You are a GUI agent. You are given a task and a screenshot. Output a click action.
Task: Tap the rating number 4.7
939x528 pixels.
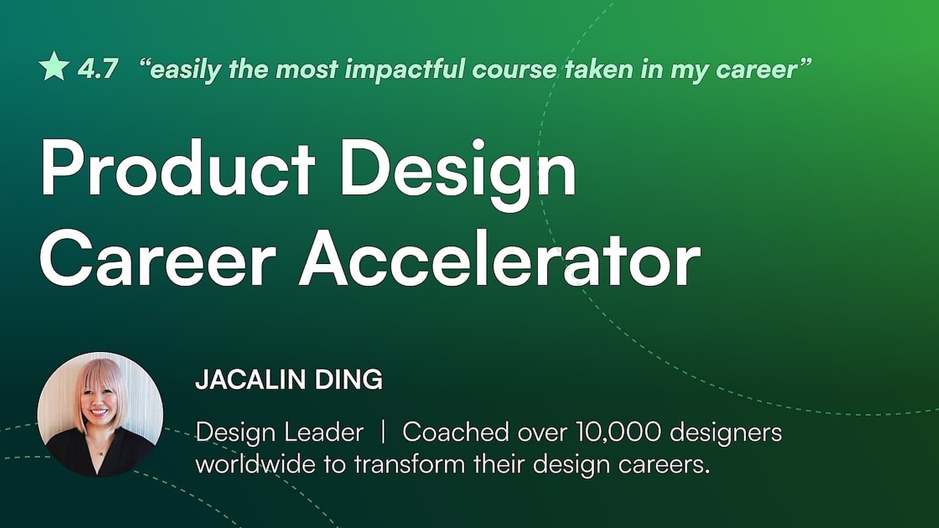click(x=97, y=68)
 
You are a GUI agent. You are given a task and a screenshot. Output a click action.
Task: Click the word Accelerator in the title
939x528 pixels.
click(x=499, y=258)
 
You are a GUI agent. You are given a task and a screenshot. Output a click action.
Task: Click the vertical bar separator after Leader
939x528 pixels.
click(x=383, y=432)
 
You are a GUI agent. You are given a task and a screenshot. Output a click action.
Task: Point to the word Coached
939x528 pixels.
click(x=455, y=431)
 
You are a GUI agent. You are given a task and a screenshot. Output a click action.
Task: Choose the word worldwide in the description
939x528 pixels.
click(x=256, y=464)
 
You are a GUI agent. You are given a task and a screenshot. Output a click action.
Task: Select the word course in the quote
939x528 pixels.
click(x=514, y=70)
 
